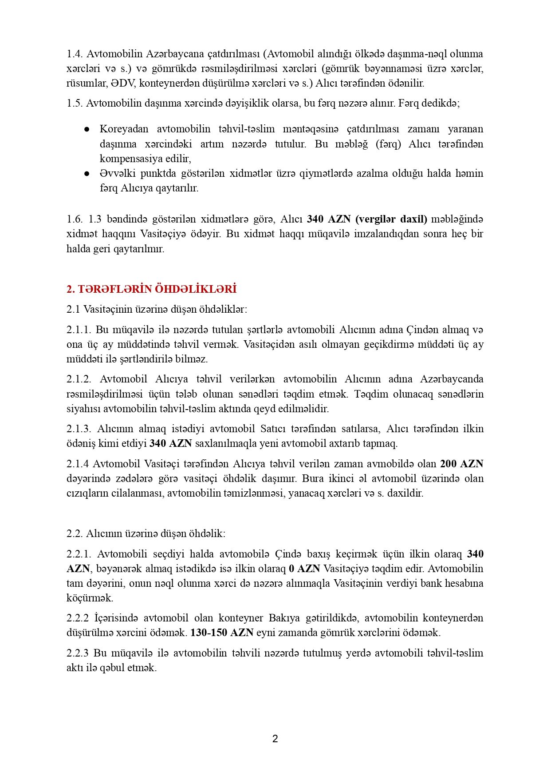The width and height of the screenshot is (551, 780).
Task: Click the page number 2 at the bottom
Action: [275, 739]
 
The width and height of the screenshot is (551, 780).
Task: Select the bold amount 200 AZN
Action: [461, 464]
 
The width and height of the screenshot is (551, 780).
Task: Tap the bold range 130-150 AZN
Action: [222, 633]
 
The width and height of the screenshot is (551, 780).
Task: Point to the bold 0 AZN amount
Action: [304, 569]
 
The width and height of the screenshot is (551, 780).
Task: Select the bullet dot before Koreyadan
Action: [87, 129]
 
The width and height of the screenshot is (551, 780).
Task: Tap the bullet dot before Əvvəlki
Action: [87, 173]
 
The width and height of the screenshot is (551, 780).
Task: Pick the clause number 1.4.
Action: [74, 54]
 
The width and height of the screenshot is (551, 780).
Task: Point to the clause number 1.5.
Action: [74, 103]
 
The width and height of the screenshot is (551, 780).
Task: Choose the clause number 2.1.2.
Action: [79, 379]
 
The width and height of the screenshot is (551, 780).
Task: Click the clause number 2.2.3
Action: [78, 653]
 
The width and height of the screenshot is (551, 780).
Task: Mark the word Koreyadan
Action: [124, 129]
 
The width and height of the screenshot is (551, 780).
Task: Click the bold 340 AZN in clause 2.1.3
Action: [170, 443]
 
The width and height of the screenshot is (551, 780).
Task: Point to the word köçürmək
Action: [90, 598]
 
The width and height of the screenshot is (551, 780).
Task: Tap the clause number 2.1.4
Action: [78, 464]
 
